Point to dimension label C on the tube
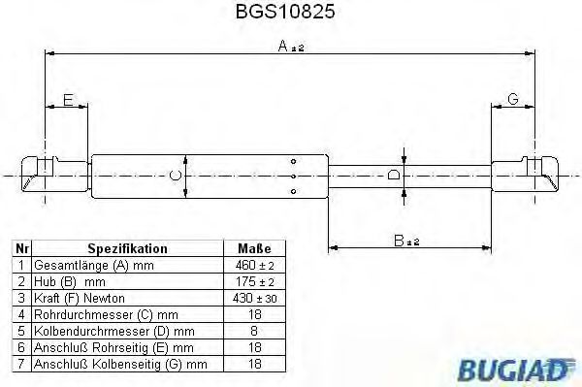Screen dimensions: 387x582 pyautogui.click(x=173, y=176)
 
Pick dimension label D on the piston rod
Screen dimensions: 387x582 pyautogui.click(x=393, y=176)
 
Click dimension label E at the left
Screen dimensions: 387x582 pyautogui.click(x=68, y=99)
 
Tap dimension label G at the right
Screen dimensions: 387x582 pyautogui.click(x=512, y=99)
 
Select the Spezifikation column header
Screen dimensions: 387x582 pyautogui.click(x=128, y=249)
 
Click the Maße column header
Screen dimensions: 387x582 pyautogui.click(x=253, y=249)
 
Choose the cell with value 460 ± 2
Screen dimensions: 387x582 pyautogui.click(x=253, y=265)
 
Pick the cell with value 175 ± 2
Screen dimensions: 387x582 pyautogui.click(x=253, y=281)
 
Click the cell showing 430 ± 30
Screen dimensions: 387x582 pyautogui.click(x=253, y=298)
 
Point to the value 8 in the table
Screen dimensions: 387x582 pyautogui.click(x=253, y=331)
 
